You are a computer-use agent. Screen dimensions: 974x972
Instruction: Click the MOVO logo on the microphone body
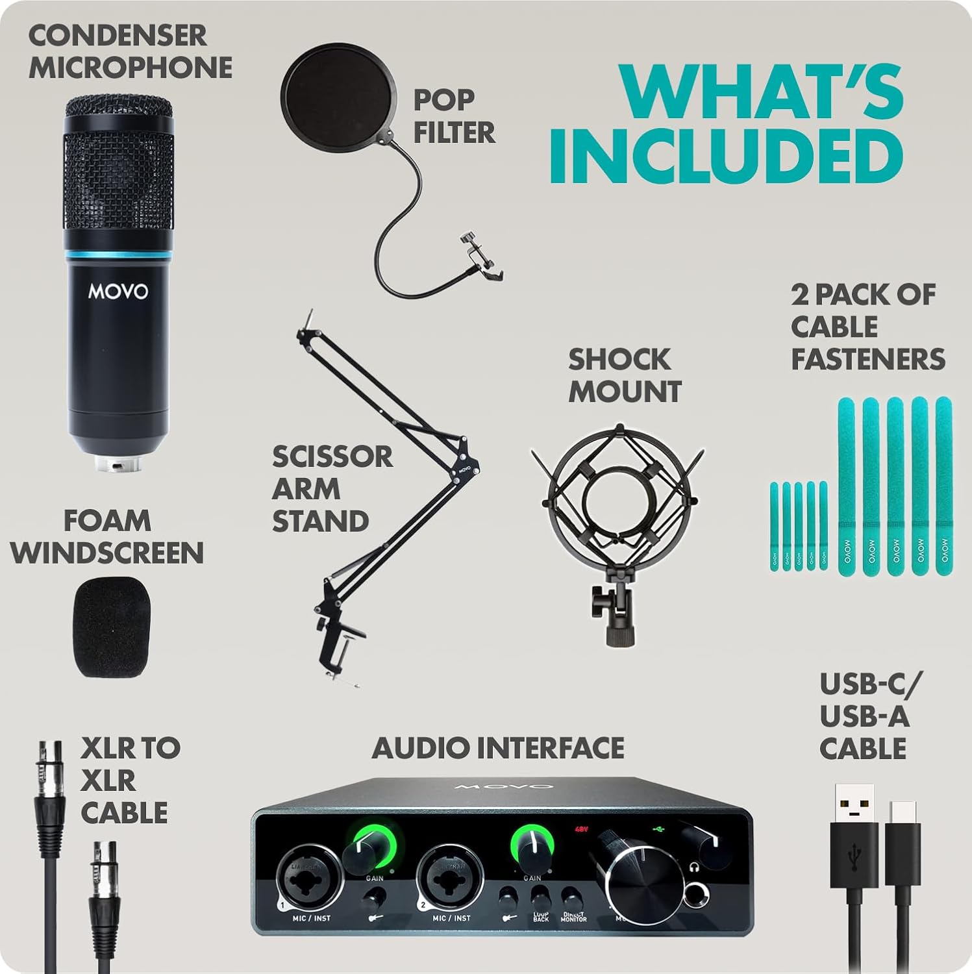pyautogui.click(x=118, y=292)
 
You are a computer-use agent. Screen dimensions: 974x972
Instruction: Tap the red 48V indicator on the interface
pyautogui.click(x=580, y=829)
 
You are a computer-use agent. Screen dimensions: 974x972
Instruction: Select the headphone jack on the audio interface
pyautogui.click(x=696, y=895)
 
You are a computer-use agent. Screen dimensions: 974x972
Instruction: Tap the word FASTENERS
pyautogui.click(x=867, y=359)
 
